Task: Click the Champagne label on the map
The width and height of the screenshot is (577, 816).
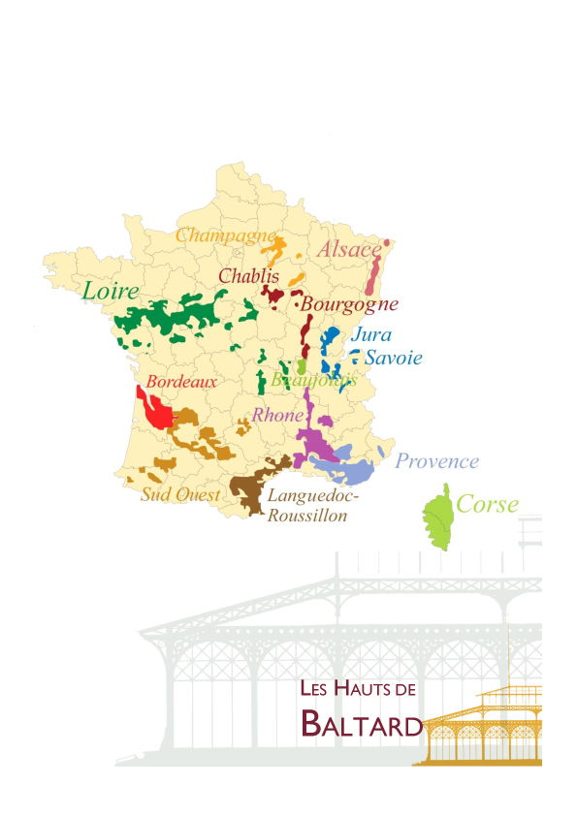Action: tap(225, 235)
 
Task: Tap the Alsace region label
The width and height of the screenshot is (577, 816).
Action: tap(350, 249)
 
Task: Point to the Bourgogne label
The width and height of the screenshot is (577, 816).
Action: tap(350, 304)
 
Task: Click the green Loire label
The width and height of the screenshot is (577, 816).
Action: tap(111, 291)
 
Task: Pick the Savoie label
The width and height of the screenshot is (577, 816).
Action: tap(393, 358)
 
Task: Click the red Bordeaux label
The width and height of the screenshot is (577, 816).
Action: tap(180, 383)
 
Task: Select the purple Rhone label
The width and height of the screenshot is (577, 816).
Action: tap(277, 415)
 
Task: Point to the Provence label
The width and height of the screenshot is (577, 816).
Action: tap(436, 461)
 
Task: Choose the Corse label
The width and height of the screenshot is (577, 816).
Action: tap(487, 504)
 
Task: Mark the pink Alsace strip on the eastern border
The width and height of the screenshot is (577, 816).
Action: tap(373, 281)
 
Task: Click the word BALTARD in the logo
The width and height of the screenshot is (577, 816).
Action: tap(362, 723)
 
